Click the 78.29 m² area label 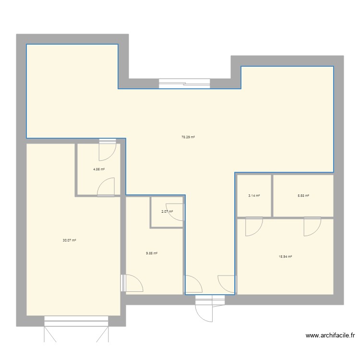188,137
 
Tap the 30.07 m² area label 70,240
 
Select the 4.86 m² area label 99,169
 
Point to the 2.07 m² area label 167,211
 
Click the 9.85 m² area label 152,253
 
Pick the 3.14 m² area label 254,195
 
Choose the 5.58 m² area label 303,195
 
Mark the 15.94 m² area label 285,256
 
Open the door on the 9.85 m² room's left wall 132,283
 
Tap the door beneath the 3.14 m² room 254,227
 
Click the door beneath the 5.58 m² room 312,227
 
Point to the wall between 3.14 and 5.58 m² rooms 272,195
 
